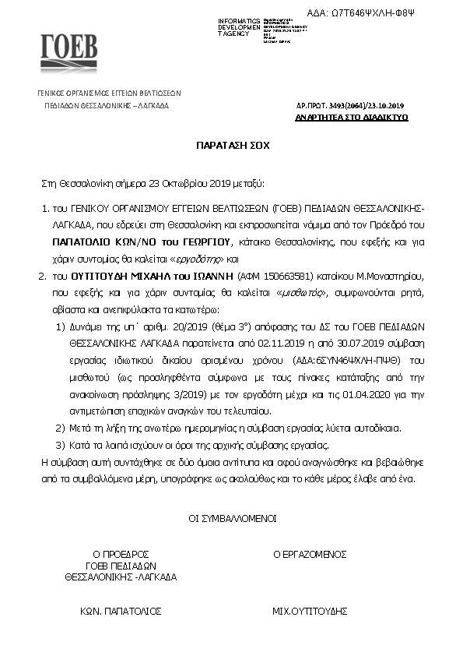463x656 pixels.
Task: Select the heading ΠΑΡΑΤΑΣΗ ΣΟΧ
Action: pos(231,146)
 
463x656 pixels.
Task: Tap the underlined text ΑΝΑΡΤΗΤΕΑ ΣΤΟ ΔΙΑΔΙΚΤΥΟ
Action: pos(352,117)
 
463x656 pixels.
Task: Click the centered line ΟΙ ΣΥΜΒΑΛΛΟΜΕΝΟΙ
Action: pos(231,517)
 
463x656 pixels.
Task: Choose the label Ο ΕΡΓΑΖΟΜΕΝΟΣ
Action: pos(309,554)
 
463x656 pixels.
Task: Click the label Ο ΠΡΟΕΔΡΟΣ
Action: pos(121,554)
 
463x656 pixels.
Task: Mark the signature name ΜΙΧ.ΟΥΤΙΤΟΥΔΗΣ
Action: pos(309,611)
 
